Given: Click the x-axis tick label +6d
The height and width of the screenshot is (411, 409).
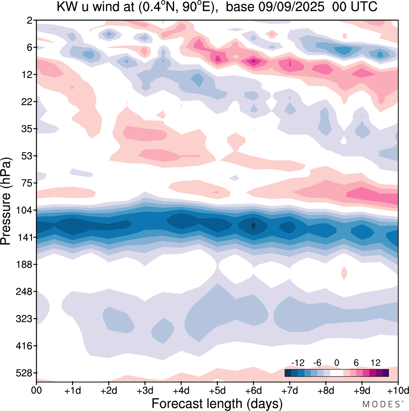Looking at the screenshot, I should click(x=254, y=391).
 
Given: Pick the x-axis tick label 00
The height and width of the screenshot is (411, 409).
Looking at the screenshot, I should click(x=36, y=391).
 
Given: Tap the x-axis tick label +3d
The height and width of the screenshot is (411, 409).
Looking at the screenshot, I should click(x=145, y=391).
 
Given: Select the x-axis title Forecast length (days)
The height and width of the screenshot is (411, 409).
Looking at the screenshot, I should click(x=217, y=404).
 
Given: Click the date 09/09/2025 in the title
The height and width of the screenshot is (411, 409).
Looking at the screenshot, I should click(x=291, y=7).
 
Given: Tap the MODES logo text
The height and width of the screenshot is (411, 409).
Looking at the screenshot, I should click(x=381, y=405).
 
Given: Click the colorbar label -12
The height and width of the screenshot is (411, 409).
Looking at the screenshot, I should click(x=298, y=363).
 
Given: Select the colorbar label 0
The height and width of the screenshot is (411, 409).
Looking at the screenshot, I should click(x=336, y=363).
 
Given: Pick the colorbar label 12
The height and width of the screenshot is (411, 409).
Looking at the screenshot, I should click(x=375, y=363).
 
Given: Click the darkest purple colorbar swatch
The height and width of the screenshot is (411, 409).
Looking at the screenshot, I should click(x=385, y=373).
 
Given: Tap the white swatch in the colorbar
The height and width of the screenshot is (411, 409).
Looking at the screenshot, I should click(x=336, y=373).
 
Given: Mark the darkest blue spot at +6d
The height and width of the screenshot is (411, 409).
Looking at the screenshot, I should click(x=253, y=225).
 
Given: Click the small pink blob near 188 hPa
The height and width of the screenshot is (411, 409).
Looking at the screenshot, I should click(x=344, y=273).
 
